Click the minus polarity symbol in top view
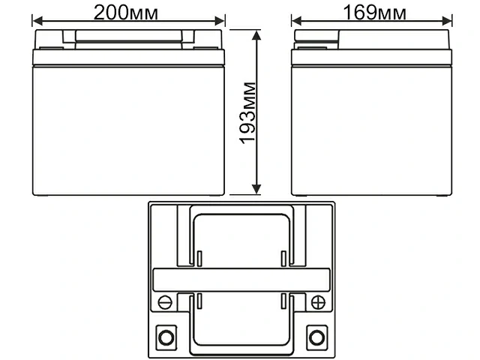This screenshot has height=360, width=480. [166, 302]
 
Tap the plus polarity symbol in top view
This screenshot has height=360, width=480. [317, 302]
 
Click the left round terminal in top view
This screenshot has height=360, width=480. [166, 335]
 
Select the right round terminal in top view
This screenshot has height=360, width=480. [317, 335]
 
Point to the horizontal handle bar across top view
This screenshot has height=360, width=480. [241, 279]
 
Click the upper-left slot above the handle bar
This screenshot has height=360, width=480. [200, 259]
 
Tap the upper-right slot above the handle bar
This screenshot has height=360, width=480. [283, 259]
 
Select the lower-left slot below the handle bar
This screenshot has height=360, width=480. [200, 301]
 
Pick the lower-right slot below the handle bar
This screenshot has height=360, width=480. [283, 301]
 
